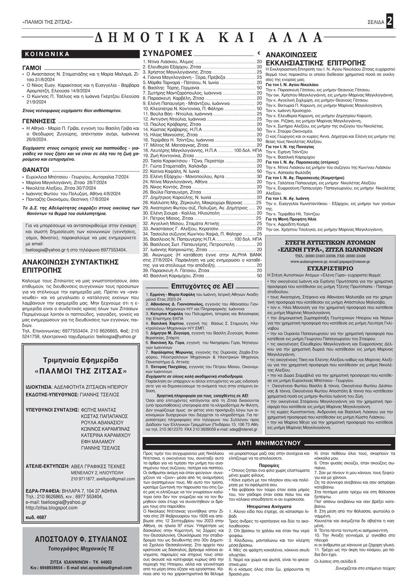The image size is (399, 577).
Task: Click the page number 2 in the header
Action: [389, 21]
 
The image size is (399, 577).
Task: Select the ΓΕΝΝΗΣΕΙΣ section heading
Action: [39, 121]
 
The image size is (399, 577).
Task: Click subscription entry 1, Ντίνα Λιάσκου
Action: [168, 62]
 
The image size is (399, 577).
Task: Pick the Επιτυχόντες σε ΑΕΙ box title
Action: [202, 286]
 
